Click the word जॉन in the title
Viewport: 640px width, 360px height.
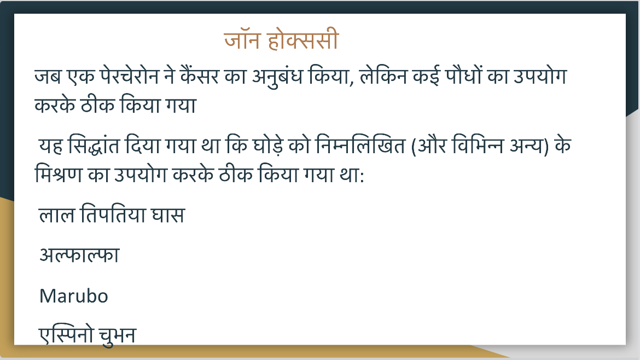click(x=242, y=39)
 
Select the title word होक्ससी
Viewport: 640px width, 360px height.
click(x=303, y=39)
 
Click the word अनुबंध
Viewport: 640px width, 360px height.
click(x=277, y=77)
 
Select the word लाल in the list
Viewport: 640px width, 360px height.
click(x=57, y=214)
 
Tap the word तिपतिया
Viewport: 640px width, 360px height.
click(x=113, y=214)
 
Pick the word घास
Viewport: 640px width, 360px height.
click(x=168, y=214)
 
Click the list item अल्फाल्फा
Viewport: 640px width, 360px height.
click(x=79, y=255)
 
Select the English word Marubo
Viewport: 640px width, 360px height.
click(x=74, y=296)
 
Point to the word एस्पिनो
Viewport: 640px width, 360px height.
click(x=67, y=335)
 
